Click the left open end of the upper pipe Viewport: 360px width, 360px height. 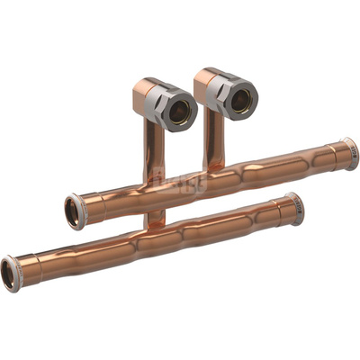point(71,212)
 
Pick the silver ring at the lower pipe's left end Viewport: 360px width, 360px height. point(13,271)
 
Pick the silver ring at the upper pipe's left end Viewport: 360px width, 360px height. point(76,211)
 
